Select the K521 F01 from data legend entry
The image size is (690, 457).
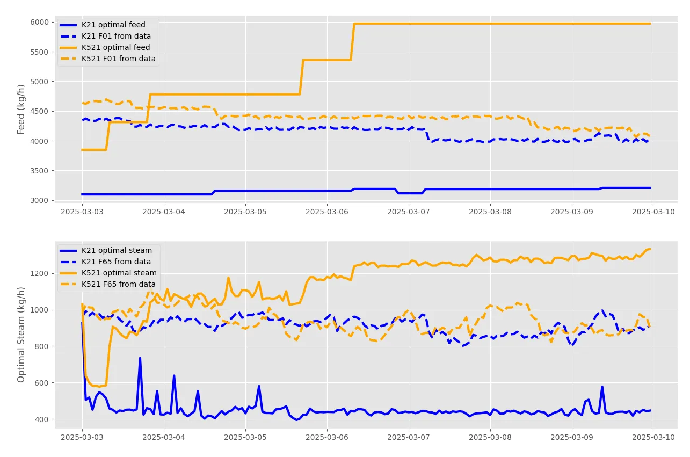[107, 59]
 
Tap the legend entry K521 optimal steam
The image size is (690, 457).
[108, 273]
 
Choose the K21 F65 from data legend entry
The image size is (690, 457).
[105, 262]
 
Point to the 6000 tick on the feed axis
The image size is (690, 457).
[39, 22]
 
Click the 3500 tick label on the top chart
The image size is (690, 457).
[39, 171]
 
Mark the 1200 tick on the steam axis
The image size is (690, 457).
[39, 273]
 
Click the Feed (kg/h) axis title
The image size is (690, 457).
[20, 110]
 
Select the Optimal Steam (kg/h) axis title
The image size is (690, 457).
[20, 335]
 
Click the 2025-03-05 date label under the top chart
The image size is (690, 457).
[245, 212]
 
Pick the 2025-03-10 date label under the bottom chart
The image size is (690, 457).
[653, 437]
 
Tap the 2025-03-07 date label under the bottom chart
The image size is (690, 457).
[409, 437]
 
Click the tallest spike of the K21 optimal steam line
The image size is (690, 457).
[140, 358]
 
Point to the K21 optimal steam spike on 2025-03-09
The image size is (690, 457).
[602, 387]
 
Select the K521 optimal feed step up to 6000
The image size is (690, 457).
[353, 41]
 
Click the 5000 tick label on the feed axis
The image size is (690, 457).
[39, 82]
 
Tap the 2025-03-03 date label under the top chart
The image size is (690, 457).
[82, 212]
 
